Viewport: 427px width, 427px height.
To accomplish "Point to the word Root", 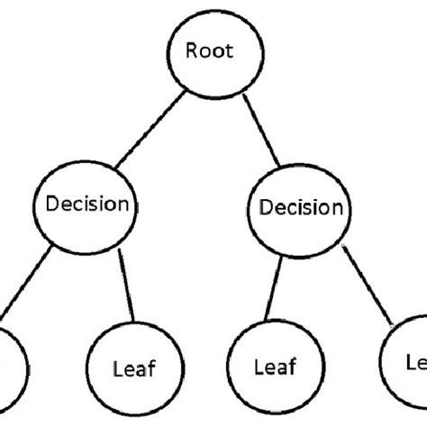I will point(209,50).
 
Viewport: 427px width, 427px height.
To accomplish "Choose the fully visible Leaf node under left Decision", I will point(132,367).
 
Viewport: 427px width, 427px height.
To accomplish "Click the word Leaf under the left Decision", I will point(132,368).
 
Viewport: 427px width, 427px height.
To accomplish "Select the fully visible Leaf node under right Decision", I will point(274,367).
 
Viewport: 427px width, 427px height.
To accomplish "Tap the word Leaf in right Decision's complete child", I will point(275,368).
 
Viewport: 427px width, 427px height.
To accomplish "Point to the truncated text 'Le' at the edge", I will point(415,360).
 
